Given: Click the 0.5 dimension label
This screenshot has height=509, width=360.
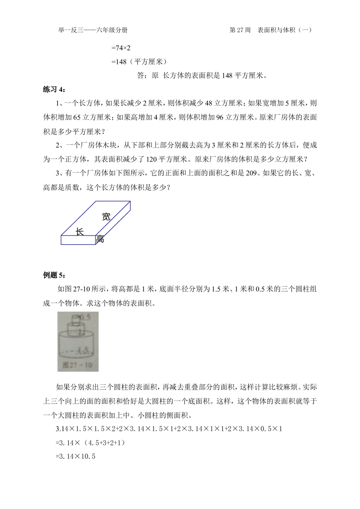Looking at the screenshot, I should click(85, 317).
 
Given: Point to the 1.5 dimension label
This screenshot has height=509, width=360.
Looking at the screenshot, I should click(85, 350).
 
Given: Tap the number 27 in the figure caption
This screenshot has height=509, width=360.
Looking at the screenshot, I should click(73, 365).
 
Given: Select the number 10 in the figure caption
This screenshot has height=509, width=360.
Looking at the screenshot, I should click(87, 365).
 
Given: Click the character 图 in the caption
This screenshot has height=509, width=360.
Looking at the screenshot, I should click(65, 365).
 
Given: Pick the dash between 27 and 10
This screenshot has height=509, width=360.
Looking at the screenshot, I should click(81, 365).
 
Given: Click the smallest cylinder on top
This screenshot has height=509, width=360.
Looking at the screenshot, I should click(76, 320).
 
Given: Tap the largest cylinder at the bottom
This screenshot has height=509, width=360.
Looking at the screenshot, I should click(76, 344).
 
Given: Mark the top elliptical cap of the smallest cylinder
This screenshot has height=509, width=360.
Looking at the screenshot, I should click(76, 316).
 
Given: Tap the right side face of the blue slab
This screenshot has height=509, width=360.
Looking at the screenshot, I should click(115, 225).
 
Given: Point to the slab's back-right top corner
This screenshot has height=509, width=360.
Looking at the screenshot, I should click(130, 202).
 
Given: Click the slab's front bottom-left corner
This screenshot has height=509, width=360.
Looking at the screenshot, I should click(62, 245).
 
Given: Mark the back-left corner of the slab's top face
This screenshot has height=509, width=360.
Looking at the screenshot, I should click(96, 202).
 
